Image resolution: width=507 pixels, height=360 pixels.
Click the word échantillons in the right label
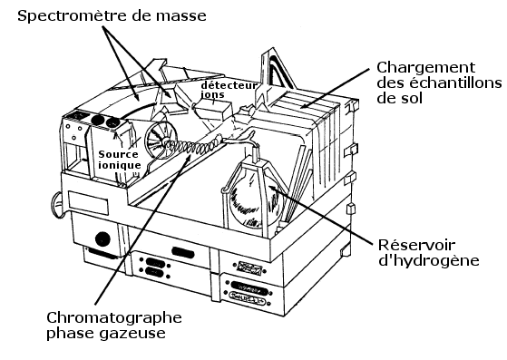(455, 83)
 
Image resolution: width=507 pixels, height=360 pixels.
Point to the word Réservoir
(416, 245)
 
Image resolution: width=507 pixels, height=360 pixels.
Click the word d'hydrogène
(428, 260)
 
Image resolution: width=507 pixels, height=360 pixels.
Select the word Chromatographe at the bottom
(114, 318)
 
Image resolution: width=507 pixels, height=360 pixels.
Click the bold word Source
(118, 154)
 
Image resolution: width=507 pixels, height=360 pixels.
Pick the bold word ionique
(120, 165)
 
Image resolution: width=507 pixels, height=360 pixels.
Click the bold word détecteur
(229, 85)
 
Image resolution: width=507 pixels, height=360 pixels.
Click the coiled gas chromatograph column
(194, 145)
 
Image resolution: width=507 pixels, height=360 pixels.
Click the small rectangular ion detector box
(213, 110)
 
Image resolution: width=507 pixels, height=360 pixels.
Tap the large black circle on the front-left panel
(102, 238)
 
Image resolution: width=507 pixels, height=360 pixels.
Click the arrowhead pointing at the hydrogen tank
(271, 187)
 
